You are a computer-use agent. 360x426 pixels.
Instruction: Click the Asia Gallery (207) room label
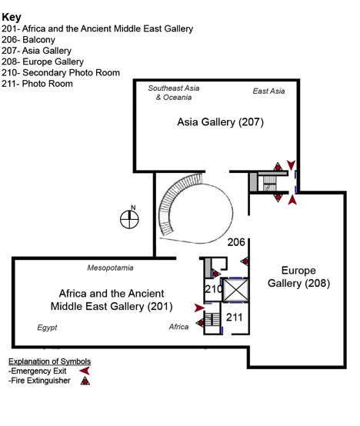(x=220, y=122)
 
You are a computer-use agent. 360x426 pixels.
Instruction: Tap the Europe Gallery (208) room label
(x=298, y=277)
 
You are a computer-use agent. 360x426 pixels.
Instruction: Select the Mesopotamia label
(x=110, y=268)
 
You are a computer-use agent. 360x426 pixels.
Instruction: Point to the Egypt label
(x=47, y=328)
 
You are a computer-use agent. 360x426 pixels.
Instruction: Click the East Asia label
(x=268, y=91)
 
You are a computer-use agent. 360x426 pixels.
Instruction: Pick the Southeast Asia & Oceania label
(x=174, y=92)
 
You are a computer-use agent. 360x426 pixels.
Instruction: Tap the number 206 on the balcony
(x=236, y=242)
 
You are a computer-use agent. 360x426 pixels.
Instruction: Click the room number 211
(x=234, y=317)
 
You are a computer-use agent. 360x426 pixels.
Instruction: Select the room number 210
(x=214, y=289)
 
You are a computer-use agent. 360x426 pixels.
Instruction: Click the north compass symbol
(x=129, y=218)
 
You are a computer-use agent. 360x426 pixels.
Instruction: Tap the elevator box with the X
(x=236, y=290)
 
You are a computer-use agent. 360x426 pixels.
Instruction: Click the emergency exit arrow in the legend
(x=85, y=371)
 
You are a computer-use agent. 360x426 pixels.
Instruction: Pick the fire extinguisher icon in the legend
(x=85, y=381)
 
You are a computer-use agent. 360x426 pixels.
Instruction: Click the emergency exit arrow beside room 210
(x=200, y=308)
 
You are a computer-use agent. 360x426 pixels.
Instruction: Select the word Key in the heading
(x=12, y=17)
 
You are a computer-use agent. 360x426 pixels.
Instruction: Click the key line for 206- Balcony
(x=28, y=40)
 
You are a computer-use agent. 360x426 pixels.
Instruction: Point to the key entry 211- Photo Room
(x=37, y=84)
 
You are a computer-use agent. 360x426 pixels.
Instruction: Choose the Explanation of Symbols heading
(x=50, y=361)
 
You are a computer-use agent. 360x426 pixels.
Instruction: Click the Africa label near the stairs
(x=178, y=327)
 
